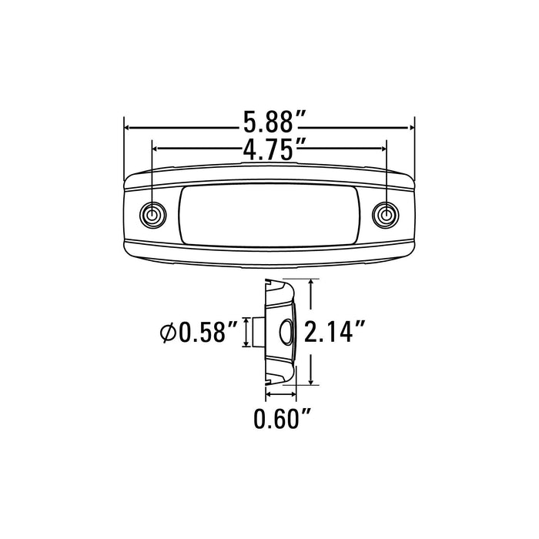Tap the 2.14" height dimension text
tap(334, 331)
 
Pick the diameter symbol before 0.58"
tap(168, 333)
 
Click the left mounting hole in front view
tap(152, 216)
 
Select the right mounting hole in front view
tap(385, 215)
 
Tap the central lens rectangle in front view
tap(269, 216)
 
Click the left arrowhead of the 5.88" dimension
tap(126, 128)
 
